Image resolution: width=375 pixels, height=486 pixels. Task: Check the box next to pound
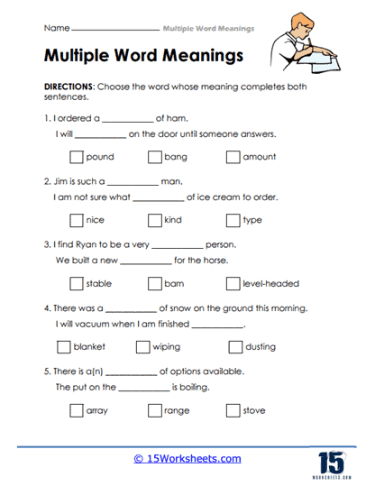point(76,156)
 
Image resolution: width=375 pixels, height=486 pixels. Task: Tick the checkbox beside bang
point(153,156)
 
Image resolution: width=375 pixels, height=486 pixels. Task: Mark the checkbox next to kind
point(153,219)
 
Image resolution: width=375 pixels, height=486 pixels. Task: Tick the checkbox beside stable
point(76,283)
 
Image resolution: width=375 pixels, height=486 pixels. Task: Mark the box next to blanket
point(63,346)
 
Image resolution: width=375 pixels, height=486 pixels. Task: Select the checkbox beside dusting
point(235,346)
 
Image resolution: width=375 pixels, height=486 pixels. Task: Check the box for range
point(153,410)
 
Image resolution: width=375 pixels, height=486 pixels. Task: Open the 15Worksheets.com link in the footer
point(187,458)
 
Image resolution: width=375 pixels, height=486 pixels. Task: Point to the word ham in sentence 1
point(175,116)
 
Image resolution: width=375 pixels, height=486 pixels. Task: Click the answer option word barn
point(174,283)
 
